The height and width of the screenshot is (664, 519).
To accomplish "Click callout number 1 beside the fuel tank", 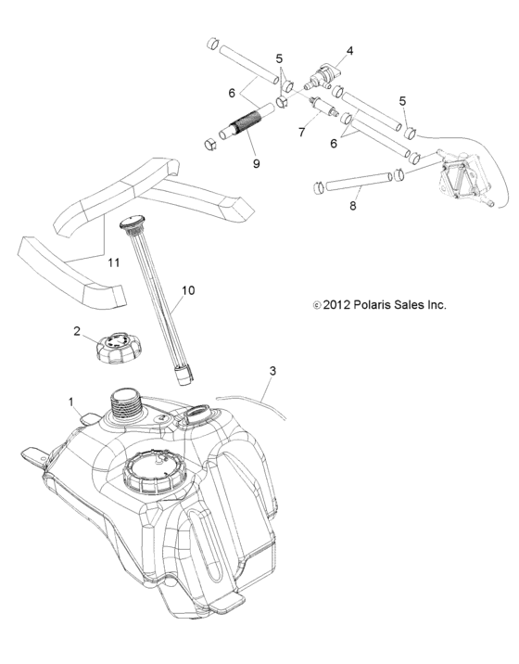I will point(71,402).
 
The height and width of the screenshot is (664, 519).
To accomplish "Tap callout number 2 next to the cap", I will point(77,329).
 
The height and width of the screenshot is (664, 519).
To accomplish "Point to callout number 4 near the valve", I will point(350,50).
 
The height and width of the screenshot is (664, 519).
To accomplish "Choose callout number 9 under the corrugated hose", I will point(257,164).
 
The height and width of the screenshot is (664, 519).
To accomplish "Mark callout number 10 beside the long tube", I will point(188,290).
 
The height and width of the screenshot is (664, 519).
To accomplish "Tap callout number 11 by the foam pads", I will point(114,263).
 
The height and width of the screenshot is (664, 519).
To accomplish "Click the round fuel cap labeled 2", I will point(113,348).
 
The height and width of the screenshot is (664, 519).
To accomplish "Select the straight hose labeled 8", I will point(353,181).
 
